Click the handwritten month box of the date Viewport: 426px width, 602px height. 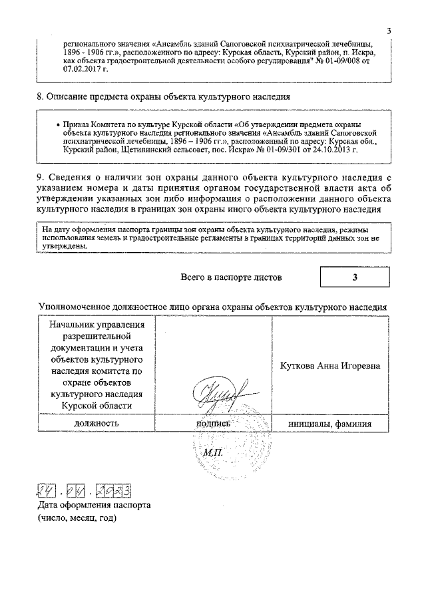pos(79,492)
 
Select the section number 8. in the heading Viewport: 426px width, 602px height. pos(40,96)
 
